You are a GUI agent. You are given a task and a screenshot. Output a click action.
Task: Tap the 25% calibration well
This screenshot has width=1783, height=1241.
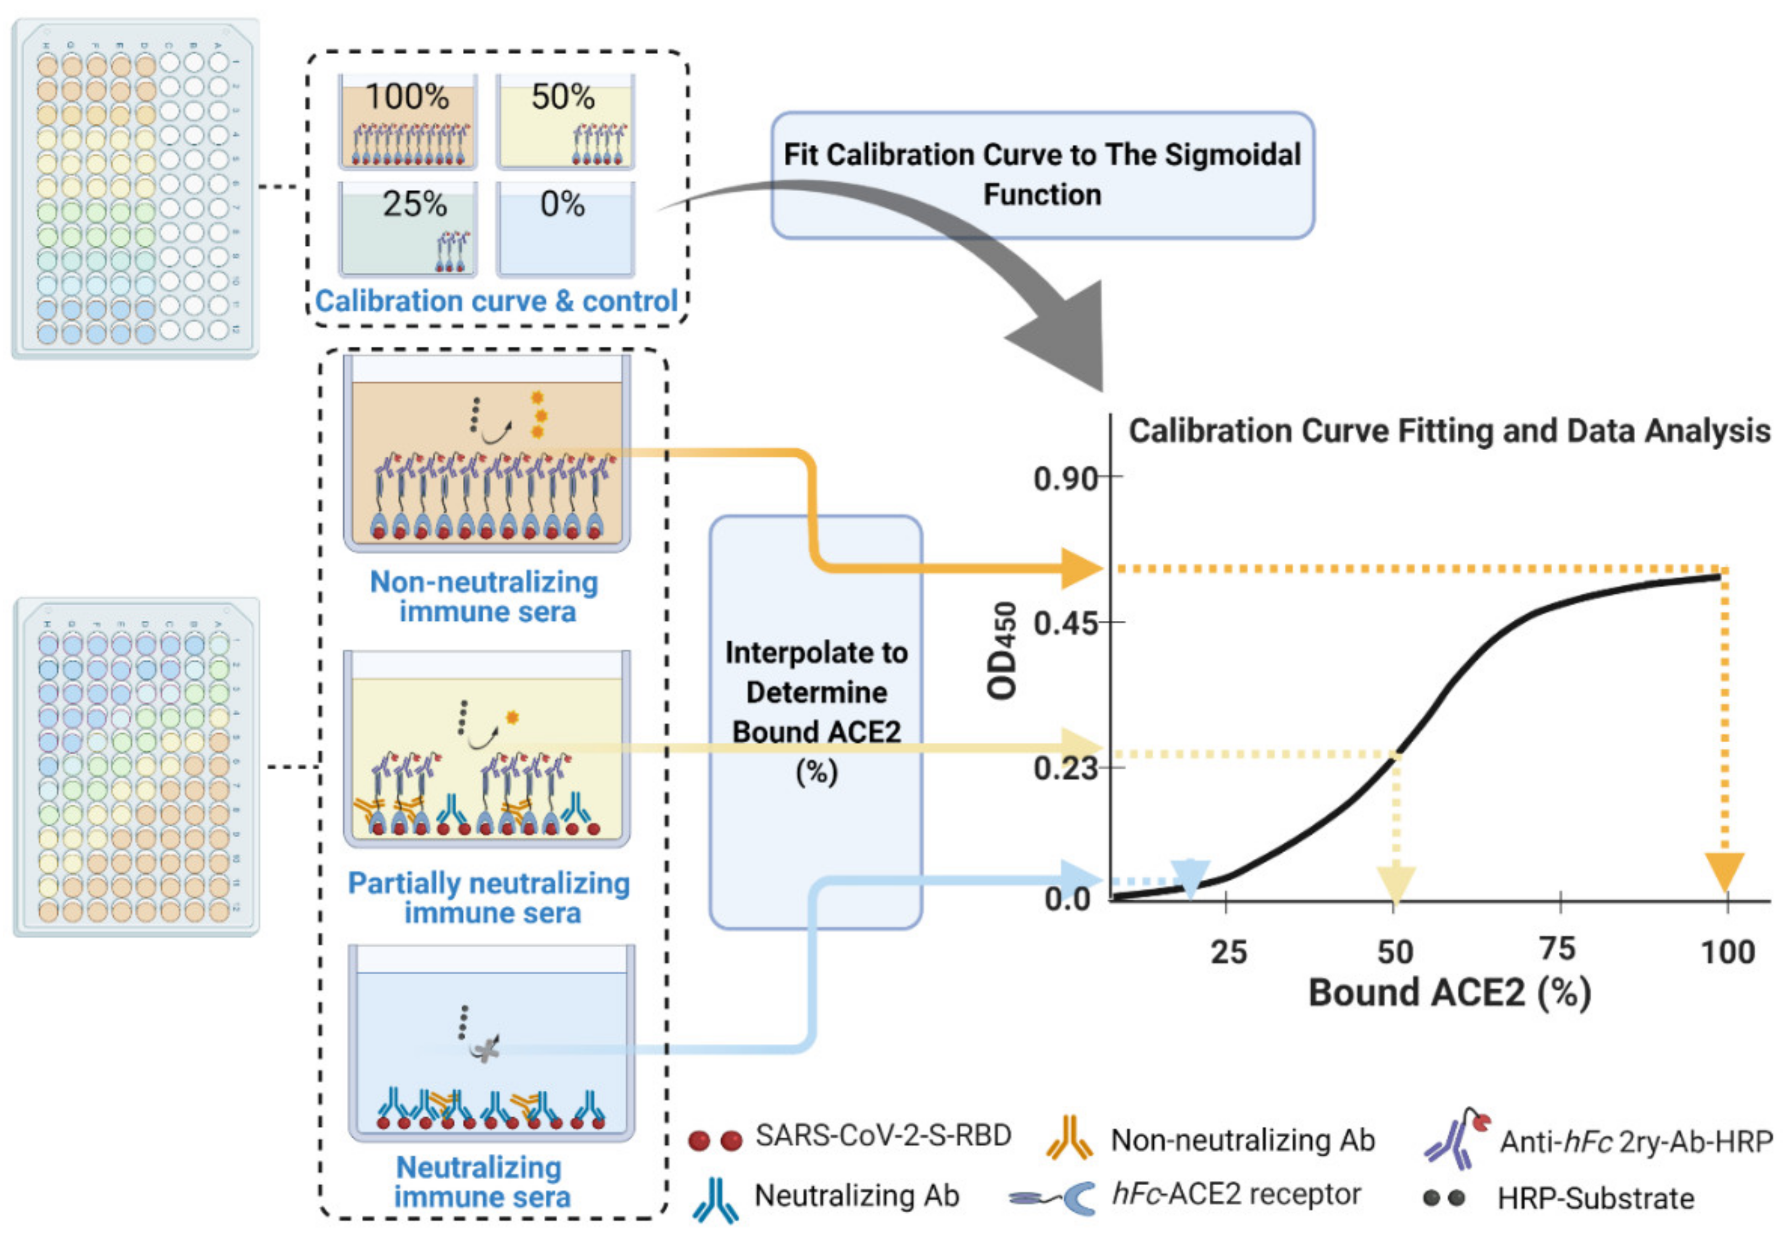408,229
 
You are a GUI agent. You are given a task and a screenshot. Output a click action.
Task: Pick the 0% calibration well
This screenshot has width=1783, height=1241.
566,229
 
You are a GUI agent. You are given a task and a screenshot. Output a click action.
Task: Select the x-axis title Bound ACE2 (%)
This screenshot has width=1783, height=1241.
1449,993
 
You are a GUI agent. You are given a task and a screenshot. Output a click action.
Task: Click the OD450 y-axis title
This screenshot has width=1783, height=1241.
1002,651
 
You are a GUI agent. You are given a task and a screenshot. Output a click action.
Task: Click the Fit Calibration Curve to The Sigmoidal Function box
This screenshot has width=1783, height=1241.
1042,175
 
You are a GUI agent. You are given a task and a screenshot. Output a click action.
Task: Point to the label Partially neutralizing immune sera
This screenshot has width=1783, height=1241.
489,897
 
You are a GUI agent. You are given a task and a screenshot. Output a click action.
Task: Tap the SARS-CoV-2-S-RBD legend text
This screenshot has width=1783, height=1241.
883,1136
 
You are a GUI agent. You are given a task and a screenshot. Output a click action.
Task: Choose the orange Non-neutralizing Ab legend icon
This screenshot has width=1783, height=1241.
1069,1138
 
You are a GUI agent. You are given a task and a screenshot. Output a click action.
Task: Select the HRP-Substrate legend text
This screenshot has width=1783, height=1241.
1595,1198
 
